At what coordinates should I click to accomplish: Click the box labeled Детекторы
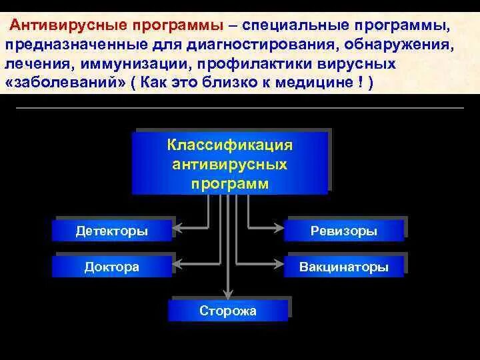click(x=112, y=231)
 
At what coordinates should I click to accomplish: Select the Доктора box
click(x=112, y=267)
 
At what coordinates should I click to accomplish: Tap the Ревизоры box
click(x=344, y=231)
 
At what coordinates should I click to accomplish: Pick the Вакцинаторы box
click(x=344, y=267)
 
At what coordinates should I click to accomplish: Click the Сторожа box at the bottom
click(x=228, y=311)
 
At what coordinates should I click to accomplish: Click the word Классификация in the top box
click(x=229, y=145)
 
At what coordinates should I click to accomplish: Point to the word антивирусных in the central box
click(x=229, y=164)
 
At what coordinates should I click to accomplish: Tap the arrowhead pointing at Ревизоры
click(x=281, y=231)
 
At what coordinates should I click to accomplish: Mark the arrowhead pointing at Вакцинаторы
click(x=281, y=267)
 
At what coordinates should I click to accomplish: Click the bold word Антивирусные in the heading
click(x=60, y=26)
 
